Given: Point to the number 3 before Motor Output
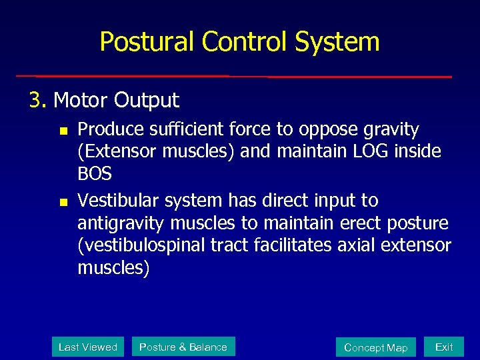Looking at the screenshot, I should coord(34,101).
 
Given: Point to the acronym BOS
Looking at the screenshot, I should coord(95,175).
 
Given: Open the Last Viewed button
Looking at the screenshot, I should coord(88,347).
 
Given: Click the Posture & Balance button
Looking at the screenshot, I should coord(183,347).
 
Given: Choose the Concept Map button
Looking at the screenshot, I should coord(375,347).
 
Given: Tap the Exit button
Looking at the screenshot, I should coord(444,347).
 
